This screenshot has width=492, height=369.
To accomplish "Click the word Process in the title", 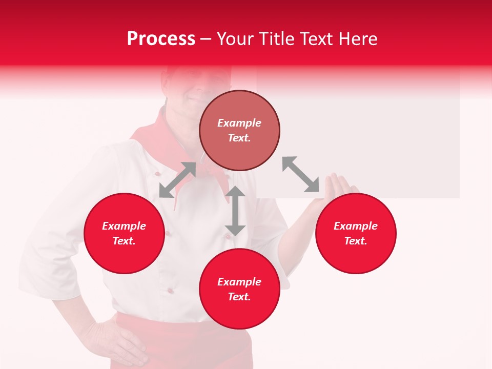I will click(161, 39).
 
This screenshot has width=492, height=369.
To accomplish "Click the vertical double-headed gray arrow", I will click(235, 211).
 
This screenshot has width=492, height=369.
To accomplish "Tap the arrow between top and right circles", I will click(301, 175).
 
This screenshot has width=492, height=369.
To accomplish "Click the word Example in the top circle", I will click(239, 123).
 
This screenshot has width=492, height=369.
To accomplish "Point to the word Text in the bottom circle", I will click(239, 297).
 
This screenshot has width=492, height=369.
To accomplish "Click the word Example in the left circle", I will click(124, 226).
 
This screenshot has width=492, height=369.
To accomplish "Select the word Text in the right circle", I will click(356, 241).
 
